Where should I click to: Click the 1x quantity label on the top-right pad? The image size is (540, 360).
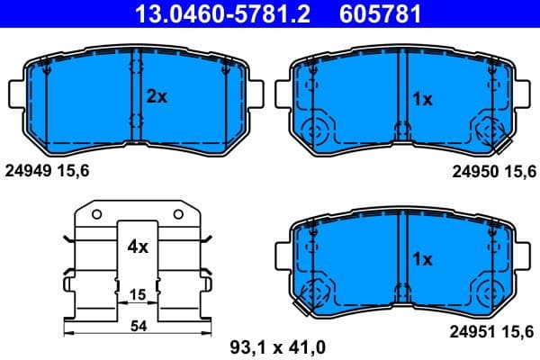pyautogui.click(x=422, y=99)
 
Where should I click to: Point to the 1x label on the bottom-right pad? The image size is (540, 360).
pyautogui.click(x=422, y=258)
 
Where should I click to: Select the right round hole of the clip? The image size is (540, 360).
pyautogui.click(x=176, y=213)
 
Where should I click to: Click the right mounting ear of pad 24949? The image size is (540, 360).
pyautogui.click(x=256, y=94)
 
